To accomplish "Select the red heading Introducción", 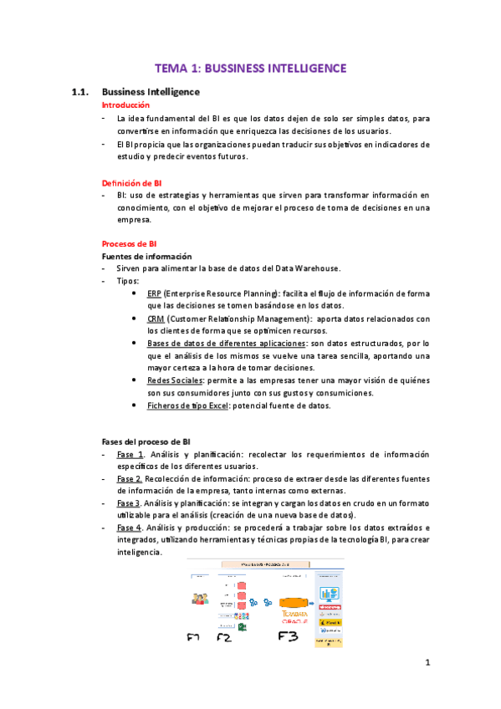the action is pos(125,105).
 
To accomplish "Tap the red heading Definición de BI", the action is pos(131,182).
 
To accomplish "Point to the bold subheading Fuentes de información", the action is pos(146,256).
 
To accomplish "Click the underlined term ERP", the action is pos(154,293).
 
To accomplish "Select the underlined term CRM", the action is pos(155,319).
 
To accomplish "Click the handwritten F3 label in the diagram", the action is pos(288,638).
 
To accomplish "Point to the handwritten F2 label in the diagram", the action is pos(223,638).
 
